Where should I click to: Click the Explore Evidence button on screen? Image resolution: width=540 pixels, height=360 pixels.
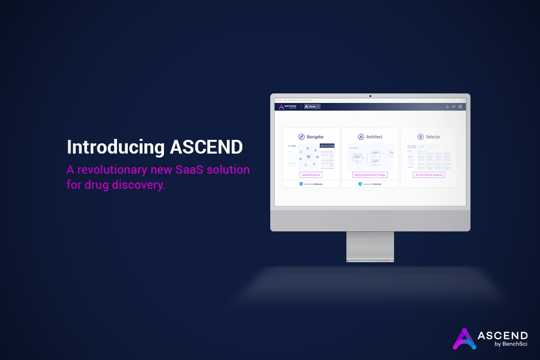(311, 175)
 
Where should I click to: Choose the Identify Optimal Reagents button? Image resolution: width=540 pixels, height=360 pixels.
(429, 175)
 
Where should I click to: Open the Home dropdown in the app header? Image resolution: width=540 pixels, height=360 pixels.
(312, 106)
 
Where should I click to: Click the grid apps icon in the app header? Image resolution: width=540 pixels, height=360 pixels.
(460, 106)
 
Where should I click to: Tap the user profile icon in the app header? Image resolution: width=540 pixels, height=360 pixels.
(447, 106)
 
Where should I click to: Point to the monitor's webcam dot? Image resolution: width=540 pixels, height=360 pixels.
(370, 96)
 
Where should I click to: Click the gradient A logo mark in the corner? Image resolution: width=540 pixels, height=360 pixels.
(464, 338)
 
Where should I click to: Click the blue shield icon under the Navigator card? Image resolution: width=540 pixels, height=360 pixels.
(301, 184)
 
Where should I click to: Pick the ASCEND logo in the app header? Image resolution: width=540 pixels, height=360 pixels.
(286, 106)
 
